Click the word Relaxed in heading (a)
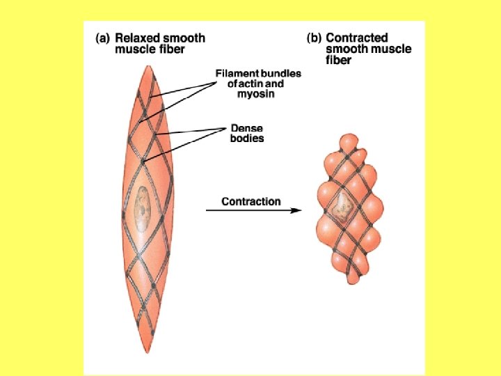(138, 38)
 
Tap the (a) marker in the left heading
(102, 38)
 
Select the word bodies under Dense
(247, 139)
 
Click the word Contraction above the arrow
(251, 202)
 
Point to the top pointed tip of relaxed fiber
(148, 66)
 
